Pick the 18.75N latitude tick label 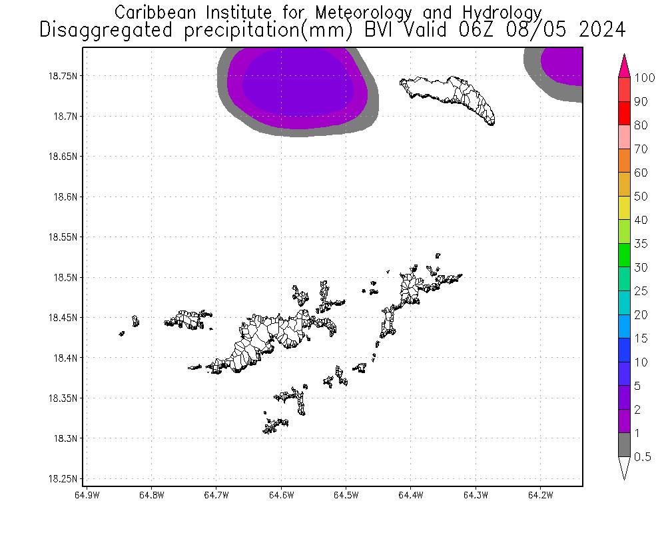[63, 76]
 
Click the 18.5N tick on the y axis [65, 277]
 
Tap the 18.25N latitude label [63, 479]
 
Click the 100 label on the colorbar [645, 78]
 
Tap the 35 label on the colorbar [641, 244]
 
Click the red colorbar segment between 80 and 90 [625, 113]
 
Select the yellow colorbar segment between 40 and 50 [625, 207]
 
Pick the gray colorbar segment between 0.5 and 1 [625, 444]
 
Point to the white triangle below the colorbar [625, 468]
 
